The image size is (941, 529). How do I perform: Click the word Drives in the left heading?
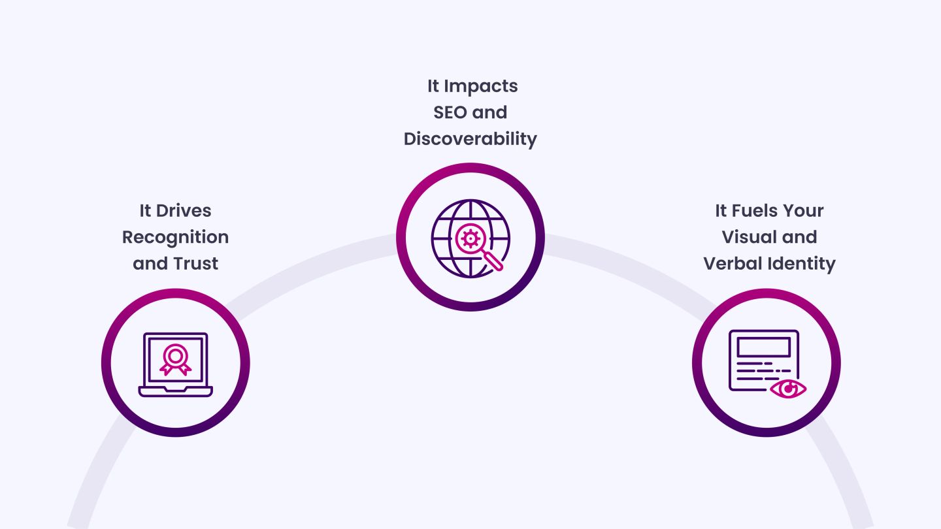click(x=183, y=211)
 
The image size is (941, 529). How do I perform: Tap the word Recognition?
click(x=176, y=238)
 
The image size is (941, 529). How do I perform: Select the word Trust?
click(x=196, y=264)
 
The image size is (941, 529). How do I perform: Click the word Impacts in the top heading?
click(x=481, y=87)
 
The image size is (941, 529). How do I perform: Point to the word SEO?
click(x=450, y=112)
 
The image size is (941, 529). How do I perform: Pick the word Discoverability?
click(x=470, y=139)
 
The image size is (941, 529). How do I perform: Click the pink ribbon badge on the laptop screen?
click(x=176, y=360)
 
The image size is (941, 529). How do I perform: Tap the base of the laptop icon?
click(x=176, y=391)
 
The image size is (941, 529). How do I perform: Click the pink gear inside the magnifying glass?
click(x=470, y=238)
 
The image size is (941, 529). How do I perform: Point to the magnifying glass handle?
click(x=493, y=261)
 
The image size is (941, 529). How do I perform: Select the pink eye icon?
click(x=788, y=389)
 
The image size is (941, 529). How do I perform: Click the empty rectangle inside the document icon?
click(x=764, y=347)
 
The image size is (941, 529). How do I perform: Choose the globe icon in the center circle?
click(x=470, y=238)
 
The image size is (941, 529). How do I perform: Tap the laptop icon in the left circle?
click(x=176, y=364)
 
